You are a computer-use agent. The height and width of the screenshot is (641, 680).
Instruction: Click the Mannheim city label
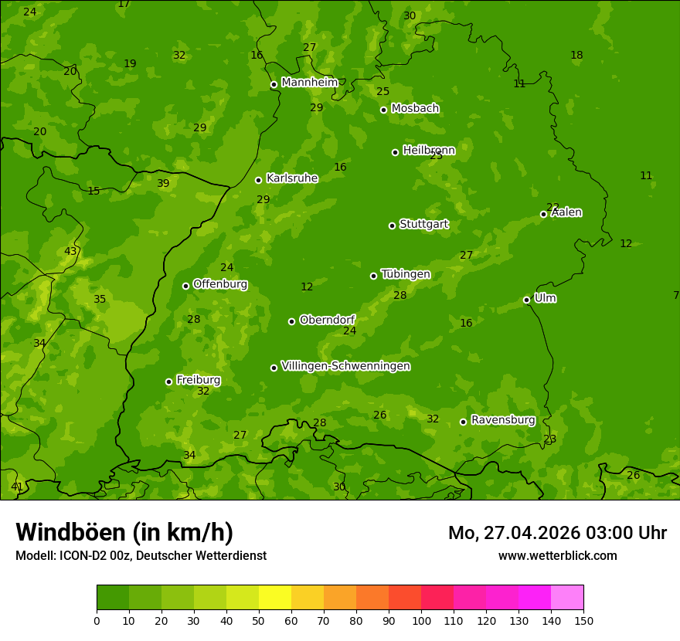pyautogui.click(x=309, y=82)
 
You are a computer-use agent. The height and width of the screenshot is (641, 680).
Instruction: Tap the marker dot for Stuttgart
pyautogui.click(x=392, y=226)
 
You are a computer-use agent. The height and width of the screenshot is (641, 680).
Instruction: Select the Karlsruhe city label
pyautogui.click(x=291, y=178)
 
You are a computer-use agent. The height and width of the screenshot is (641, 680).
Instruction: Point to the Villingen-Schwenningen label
pyautogui.click(x=345, y=365)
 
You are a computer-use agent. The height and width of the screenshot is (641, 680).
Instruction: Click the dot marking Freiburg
pyautogui.click(x=168, y=382)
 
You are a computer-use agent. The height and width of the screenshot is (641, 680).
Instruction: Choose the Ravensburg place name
pyautogui.click(x=503, y=419)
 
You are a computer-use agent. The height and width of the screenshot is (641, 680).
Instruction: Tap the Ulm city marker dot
pyautogui.click(x=526, y=300)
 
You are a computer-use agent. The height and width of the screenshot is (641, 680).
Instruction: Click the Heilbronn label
pyautogui.click(x=429, y=150)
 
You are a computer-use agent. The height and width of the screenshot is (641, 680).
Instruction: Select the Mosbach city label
pyautogui.click(x=415, y=108)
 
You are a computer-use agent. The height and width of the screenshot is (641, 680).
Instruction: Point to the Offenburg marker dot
pyautogui.click(x=185, y=286)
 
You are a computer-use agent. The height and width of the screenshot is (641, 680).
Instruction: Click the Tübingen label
pyautogui.click(x=406, y=273)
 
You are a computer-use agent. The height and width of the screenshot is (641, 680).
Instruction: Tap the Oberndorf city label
pyautogui.click(x=327, y=319)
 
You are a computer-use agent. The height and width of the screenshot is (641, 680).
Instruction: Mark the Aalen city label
pyautogui.click(x=566, y=212)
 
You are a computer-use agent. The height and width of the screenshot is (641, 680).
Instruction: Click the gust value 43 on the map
pyautogui.click(x=70, y=251)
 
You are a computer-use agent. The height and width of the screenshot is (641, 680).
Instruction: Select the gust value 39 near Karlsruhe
pyautogui.click(x=163, y=183)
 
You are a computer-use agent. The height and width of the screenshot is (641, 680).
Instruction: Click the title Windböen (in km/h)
pyautogui.click(x=124, y=532)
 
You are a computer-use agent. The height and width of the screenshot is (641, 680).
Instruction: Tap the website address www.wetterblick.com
pyautogui.click(x=557, y=555)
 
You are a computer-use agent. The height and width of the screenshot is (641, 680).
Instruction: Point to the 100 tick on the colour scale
pyautogui.click(x=421, y=620)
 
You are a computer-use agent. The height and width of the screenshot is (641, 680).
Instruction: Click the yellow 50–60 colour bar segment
pyautogui.click(x=275, y=598)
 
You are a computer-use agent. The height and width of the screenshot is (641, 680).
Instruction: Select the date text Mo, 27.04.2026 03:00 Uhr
pyautogui.click(x=557, y=533)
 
